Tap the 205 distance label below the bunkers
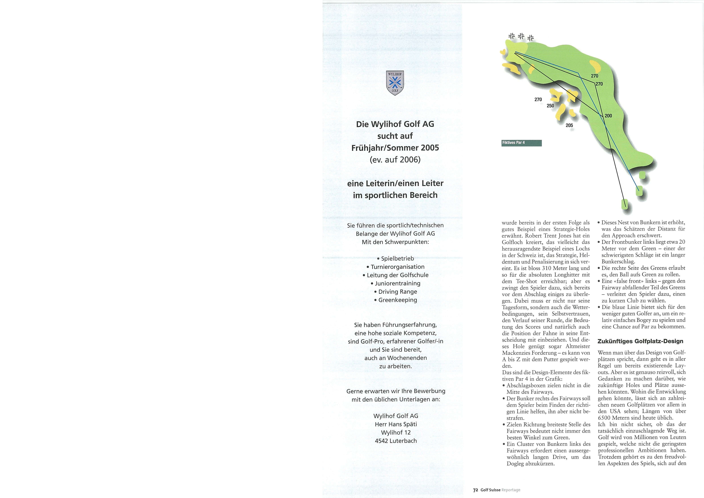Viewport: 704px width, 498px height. (569, 125)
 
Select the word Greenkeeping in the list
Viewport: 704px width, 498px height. (397, 300)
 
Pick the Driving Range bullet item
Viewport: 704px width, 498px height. (397, 292)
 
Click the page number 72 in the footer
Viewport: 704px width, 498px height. (475, 490)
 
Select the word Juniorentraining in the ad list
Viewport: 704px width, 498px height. (397, 283)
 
